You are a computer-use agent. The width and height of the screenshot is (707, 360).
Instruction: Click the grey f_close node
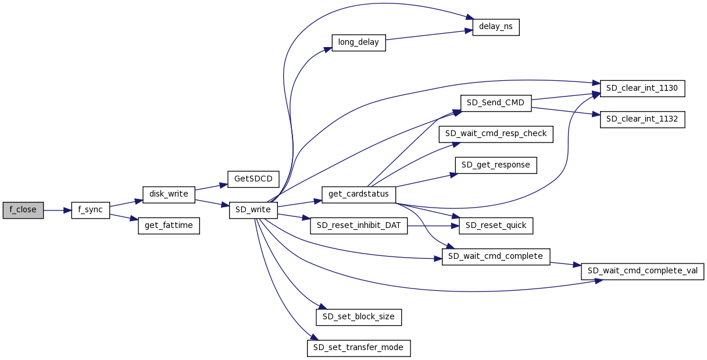(x=23, y=210)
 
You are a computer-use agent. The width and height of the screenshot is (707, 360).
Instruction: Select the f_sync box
(x=91, y=210)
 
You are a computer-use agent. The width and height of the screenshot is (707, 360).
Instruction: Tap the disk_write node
(x=169, y=194)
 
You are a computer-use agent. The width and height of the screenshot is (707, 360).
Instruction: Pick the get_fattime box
(x=169, y=226)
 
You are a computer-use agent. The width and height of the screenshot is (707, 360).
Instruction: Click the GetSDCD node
(x=253, y=179)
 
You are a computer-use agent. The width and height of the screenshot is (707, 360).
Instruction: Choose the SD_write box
(x=253, y=210)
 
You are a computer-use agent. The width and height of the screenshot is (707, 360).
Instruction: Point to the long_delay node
(x=359, y=42)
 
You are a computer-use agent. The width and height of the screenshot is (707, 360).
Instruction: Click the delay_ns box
(x=495, y=27)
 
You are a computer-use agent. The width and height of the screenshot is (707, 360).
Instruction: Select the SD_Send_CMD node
(x=495, y=103)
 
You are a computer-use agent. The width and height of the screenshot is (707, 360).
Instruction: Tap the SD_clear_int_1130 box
(x=642, y=88)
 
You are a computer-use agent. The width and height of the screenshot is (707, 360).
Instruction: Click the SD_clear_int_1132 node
(x=642, y=119)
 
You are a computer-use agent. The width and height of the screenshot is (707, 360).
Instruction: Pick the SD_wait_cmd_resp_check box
(x=496, y=134)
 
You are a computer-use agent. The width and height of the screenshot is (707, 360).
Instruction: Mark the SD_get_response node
(x=496, y=165)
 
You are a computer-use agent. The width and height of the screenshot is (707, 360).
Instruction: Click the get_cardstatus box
(x=359, y=194)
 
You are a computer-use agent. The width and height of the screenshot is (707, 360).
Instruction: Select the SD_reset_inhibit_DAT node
(x=359, y=226)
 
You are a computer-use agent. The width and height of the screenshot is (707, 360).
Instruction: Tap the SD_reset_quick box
(x=496, y=226)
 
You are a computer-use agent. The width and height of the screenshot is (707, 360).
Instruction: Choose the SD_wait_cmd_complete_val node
(x=642, y=271)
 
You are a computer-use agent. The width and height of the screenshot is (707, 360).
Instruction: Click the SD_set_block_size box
(x=359, y=317)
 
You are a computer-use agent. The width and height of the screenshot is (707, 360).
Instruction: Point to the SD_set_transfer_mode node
(x=359, y=348)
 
